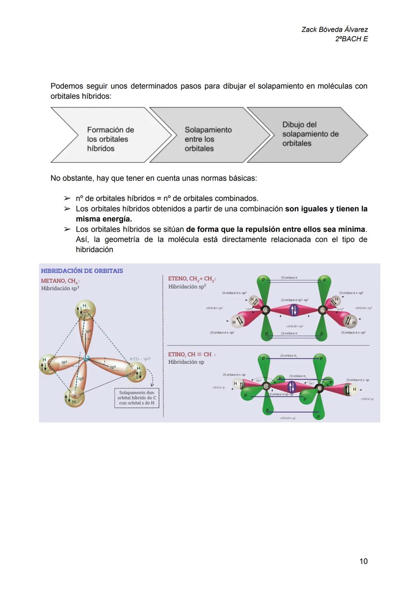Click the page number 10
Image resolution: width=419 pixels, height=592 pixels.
[x=363, y=561]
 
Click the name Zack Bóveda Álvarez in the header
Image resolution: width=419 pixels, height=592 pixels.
[x=334, y=30]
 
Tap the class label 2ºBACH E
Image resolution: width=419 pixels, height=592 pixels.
[x=351, y=39]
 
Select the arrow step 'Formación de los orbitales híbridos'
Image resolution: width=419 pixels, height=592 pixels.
[x=110, y=139]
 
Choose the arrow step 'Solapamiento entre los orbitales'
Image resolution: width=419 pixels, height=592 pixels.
[x=208, y=139]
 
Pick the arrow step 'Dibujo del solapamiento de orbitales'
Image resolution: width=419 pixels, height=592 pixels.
[x=310, y=134]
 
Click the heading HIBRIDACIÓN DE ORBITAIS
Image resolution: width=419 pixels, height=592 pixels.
[x=82, y=271]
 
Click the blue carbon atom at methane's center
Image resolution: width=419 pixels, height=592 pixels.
[x=87, y=358]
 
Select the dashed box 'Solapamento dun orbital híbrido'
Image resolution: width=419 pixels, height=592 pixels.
[x=137, y=398]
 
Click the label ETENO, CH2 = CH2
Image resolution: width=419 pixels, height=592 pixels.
[x=192, y=279]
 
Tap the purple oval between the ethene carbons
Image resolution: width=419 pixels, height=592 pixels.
[x=293, y=309]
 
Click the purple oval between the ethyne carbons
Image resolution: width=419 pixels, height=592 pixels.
[x=291, y=387]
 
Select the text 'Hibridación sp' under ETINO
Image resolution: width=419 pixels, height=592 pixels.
[x=186, y=362]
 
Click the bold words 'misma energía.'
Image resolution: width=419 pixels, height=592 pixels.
[x=104, y=219]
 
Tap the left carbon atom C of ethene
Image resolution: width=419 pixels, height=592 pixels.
[x=265, y=310]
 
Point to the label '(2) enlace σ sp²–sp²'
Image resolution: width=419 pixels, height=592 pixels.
[x=294, y=300]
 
